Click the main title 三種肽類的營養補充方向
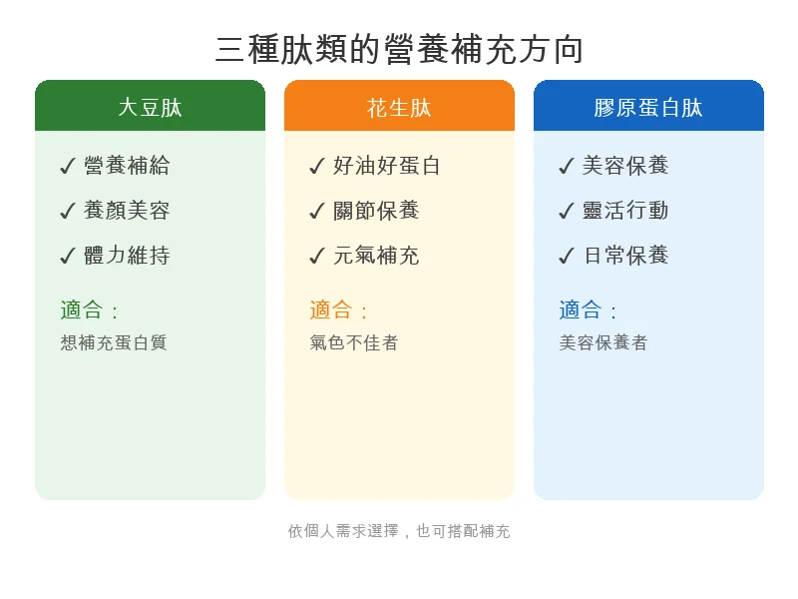[399, 49]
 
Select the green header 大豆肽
[150, 108]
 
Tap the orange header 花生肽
[399, 108]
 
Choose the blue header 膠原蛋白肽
[648, 108]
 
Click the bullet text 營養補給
[127, 166]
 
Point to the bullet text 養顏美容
[127, 211]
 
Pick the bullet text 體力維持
[127, 256]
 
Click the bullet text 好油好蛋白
[387, 166]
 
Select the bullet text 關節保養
[376, 211]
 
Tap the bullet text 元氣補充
[376, 256]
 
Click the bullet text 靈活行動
[625, 211]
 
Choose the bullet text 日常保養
[625, 256]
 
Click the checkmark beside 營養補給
[68, 167]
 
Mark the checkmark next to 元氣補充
[317, 257]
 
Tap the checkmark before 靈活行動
[567, 212]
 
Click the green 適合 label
[82, 310]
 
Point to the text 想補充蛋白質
[113, 342]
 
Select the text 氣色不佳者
[354, 342]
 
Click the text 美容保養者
[603, 342]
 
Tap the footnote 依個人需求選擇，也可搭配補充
[399, 531]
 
